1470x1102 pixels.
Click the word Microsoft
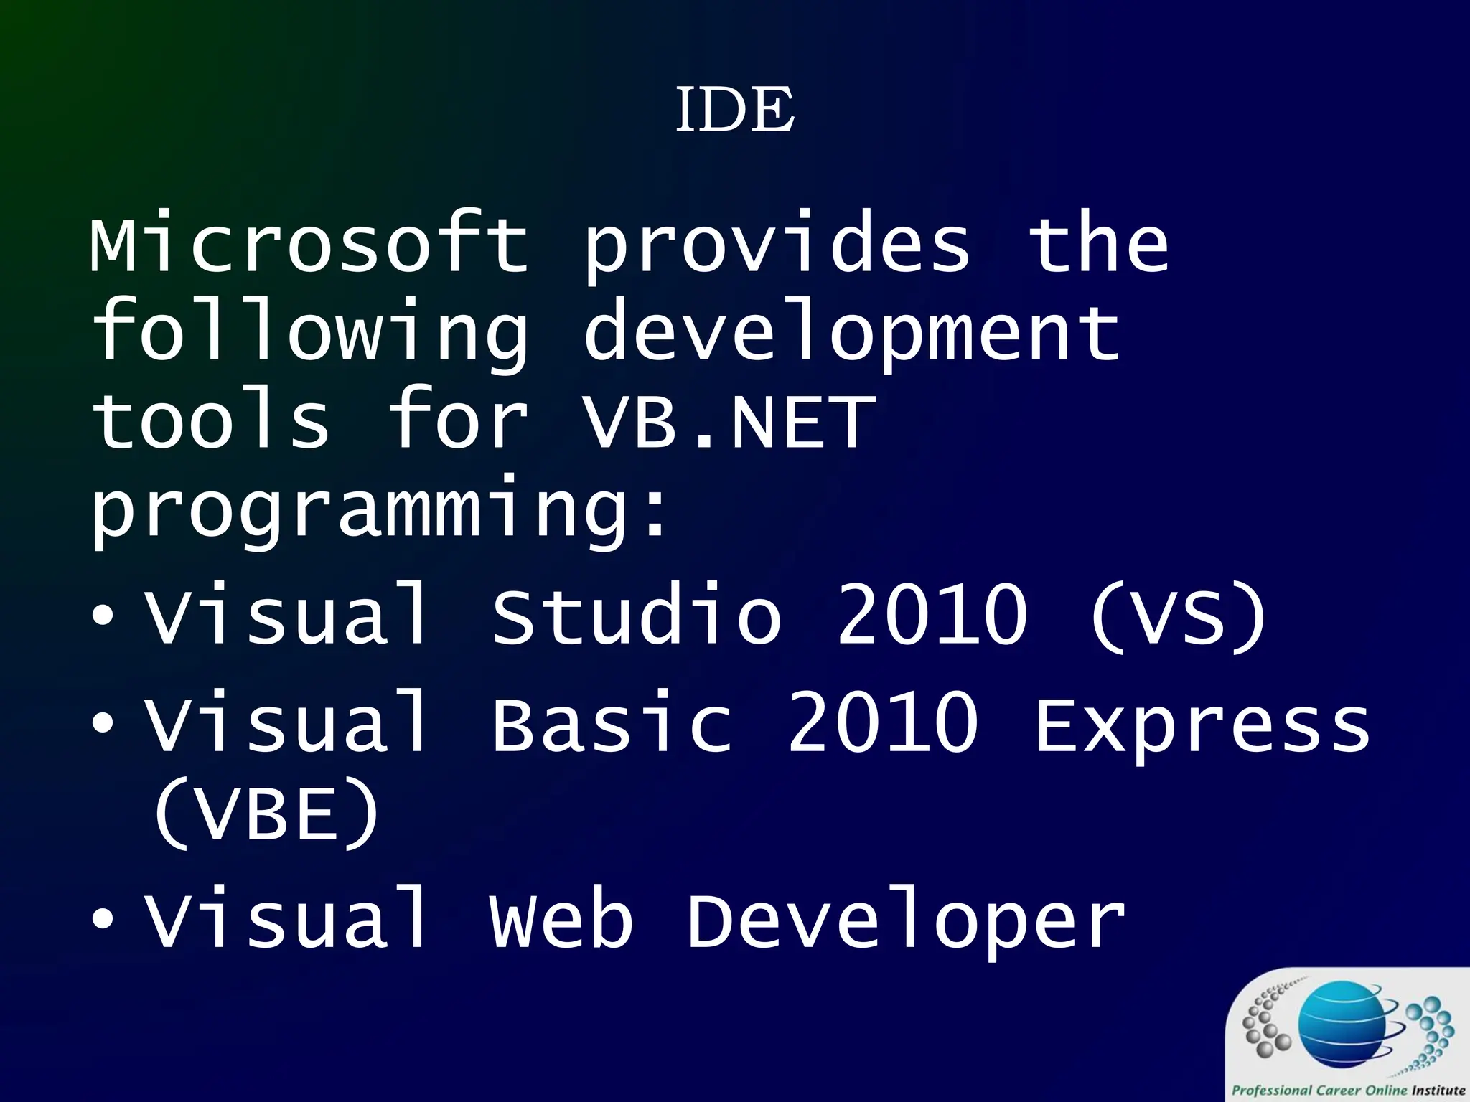coord(309,244)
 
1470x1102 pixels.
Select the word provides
coord(777,248)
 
